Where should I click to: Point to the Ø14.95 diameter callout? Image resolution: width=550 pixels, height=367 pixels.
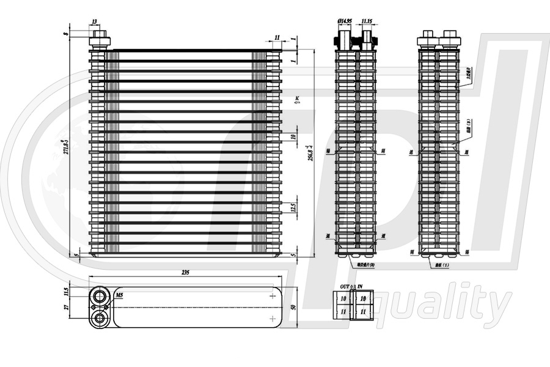tap(345, 21)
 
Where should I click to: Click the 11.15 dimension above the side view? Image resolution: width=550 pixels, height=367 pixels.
tap(367, 21)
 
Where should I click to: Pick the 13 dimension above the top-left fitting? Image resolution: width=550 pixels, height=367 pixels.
tap(94, 21)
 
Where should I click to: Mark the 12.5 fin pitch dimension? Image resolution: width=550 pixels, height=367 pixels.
tap(293, 209)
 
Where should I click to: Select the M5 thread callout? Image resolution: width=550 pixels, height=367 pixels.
tap(119, 295)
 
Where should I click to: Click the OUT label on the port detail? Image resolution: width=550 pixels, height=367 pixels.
tap(345, 286)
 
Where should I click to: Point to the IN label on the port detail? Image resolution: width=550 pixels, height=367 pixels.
tap(360, 286)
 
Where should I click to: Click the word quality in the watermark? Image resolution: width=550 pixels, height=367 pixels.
tap(449, 303)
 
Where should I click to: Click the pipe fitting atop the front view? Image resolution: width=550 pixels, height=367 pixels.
tap(100, 40)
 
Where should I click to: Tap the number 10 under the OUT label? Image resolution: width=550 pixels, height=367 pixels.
tap(343, 298)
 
